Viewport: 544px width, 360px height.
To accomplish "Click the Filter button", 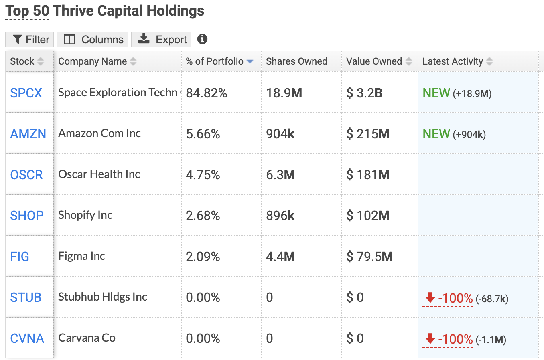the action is (29, 39).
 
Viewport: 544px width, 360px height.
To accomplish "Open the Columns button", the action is (92, 39).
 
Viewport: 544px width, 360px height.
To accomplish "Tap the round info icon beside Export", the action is (202, 39).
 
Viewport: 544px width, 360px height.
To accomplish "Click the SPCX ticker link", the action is (26, 93).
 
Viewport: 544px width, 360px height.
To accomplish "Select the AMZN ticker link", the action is (28, 134).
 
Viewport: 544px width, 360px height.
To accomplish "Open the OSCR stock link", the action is (26, 175).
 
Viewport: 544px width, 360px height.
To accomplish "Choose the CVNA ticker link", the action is (27, 338).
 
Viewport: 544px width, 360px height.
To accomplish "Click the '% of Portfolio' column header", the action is (215, 61).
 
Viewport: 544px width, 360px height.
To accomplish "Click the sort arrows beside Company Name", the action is (133, 61).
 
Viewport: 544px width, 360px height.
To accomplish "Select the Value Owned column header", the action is (374, 61).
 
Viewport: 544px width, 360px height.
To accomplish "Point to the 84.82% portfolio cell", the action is (207, 93).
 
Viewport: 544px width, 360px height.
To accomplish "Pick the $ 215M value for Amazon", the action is (368, 134).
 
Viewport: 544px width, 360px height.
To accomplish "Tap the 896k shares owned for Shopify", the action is (280, 216).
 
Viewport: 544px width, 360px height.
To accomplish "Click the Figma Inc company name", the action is (81, 256).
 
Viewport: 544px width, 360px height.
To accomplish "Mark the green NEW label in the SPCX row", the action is (436, 93).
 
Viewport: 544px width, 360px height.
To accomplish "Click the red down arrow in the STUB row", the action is (430, 297).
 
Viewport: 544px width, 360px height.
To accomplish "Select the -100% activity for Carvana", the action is (455, 339).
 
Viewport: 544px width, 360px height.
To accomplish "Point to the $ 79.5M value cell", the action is (369, 257).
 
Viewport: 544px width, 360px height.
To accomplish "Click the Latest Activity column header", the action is (453, 61).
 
